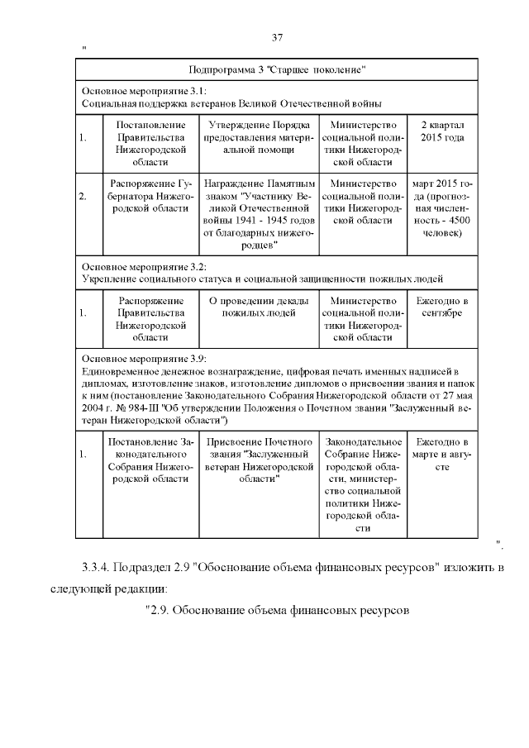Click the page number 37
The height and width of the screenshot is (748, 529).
pos(278,37)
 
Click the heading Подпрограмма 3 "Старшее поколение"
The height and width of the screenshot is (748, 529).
pos(278,69)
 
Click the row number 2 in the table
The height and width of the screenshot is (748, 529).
pos(83,198)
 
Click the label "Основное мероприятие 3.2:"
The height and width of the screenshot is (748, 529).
pos(143,266)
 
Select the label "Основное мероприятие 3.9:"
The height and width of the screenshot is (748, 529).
pos(143,360)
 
